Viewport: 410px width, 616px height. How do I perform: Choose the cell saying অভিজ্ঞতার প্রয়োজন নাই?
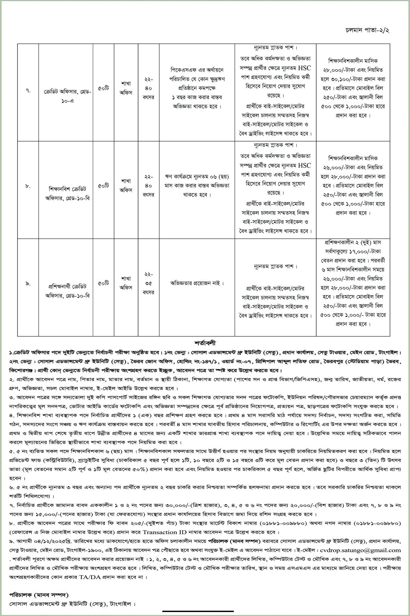pos(195,283)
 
